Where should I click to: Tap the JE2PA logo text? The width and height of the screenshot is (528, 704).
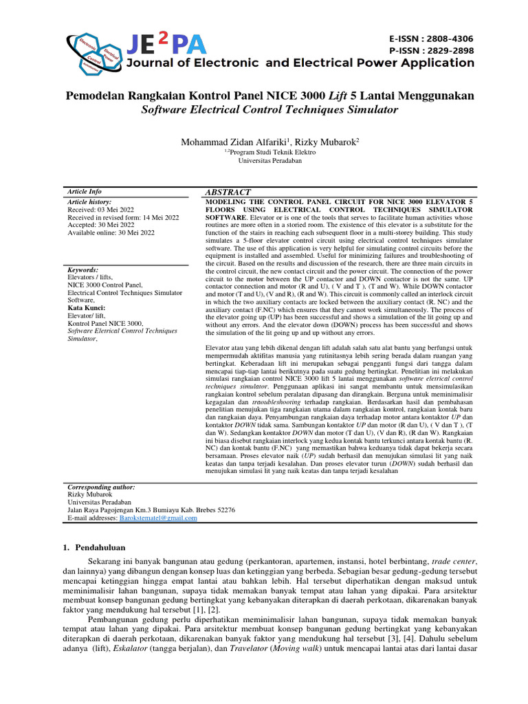(x=166, y=45)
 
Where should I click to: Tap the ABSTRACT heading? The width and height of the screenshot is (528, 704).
(x=228, y=192)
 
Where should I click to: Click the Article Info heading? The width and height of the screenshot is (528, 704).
(x=84, y=191)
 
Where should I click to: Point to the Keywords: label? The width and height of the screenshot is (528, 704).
(x=82, y=270)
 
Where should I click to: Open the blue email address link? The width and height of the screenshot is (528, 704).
(x=158, y=518)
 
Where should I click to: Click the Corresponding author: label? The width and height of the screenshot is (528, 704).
(x=101, y=487)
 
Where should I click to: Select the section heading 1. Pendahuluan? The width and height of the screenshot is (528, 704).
(x=96, y=548)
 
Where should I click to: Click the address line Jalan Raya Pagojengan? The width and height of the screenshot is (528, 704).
(x=151, y=510)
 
